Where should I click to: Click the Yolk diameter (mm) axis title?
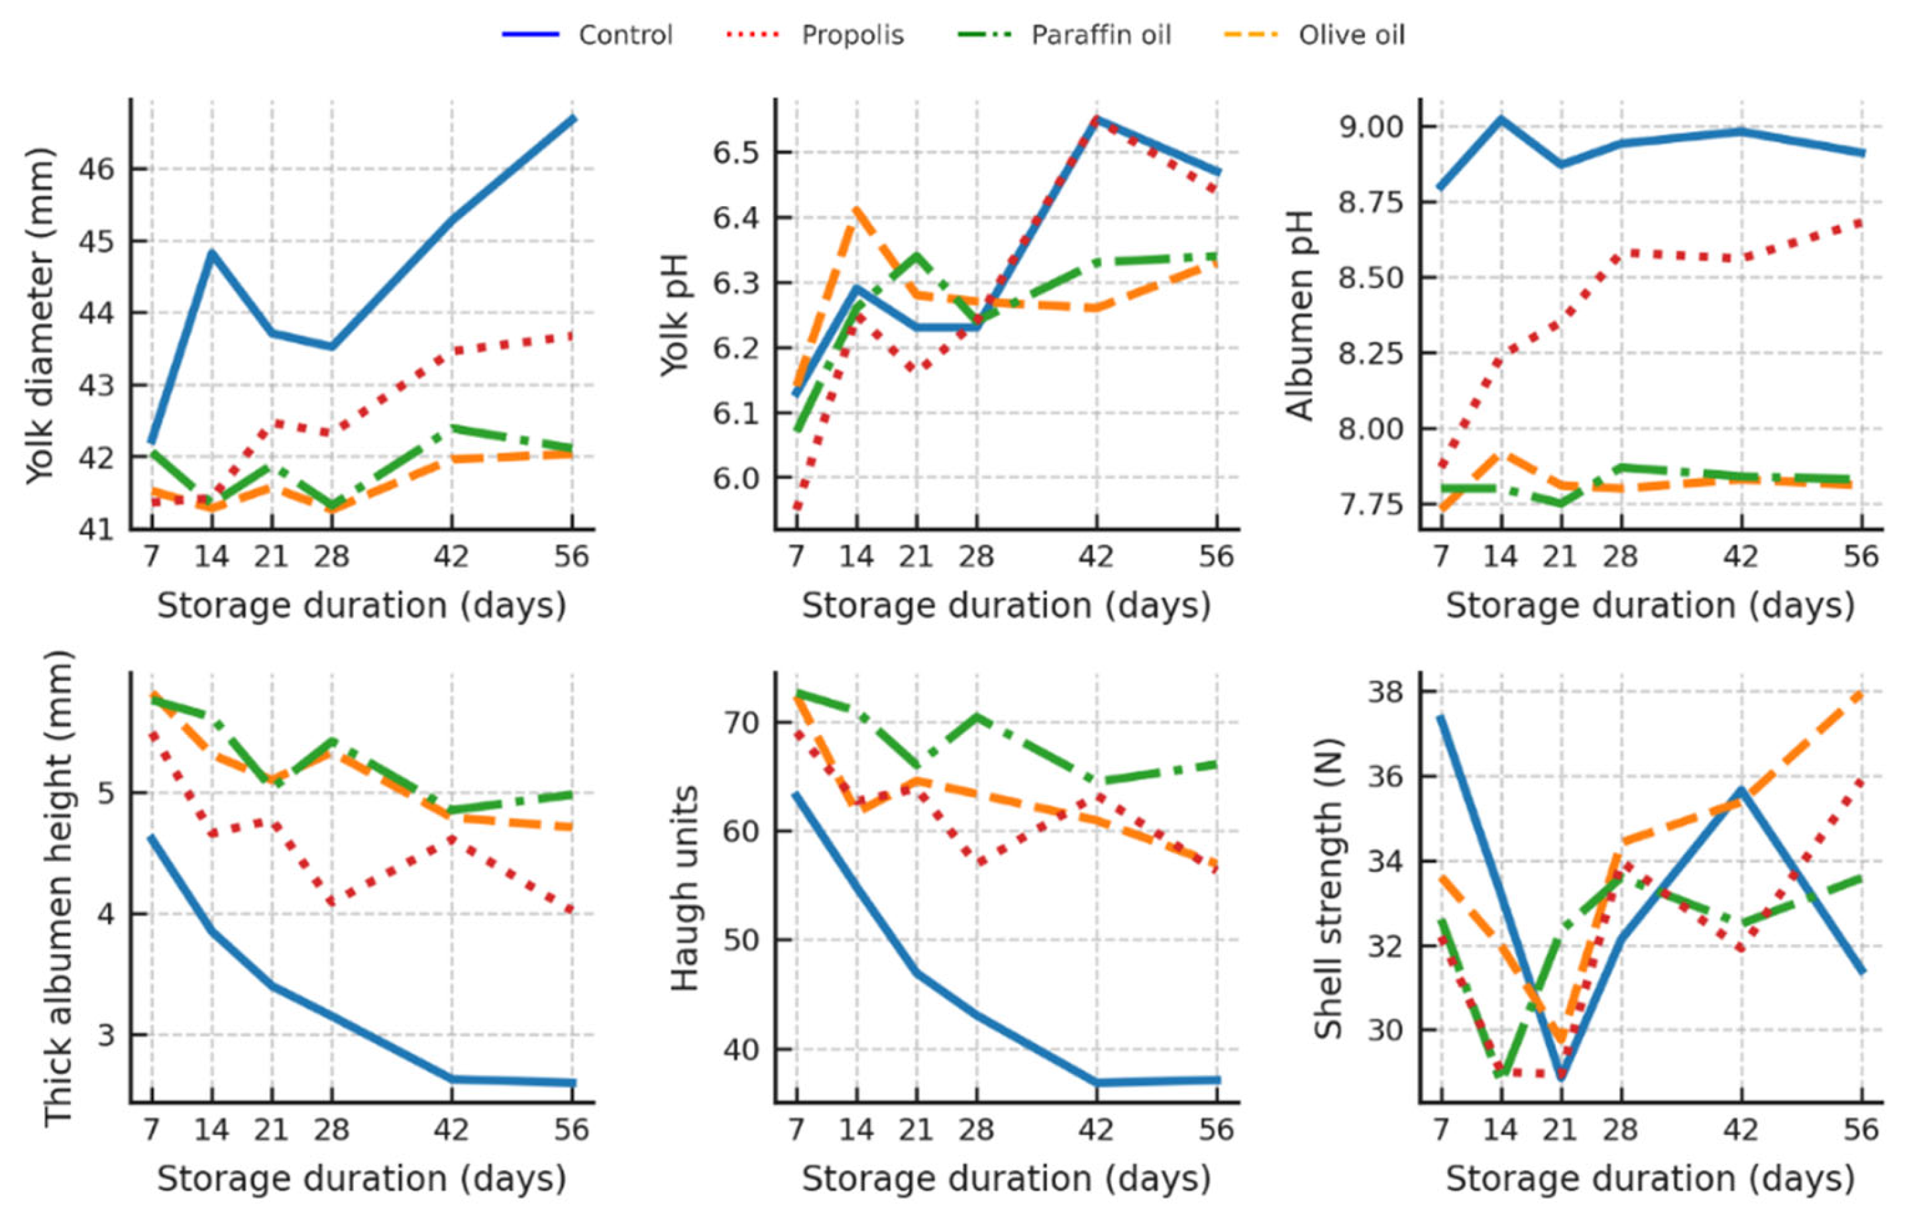pos(40,315)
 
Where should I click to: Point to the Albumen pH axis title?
pos(1299,315)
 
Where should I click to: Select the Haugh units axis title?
pos(684,888)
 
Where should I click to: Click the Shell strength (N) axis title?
pos(1328,888)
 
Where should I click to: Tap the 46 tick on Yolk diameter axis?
pos(95,169)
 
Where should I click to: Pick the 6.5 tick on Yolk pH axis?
pos(737,152)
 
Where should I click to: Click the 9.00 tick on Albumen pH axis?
pos(1372,127)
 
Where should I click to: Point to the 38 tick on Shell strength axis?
pos(1384,692)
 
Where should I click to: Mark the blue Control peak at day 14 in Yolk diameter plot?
pos(212,252)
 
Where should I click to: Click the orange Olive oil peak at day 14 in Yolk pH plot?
pos(856,208)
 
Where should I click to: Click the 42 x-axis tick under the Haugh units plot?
pos(1096,1130)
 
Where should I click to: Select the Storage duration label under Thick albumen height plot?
pos(361,1179)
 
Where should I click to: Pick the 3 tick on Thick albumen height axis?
pos(105,1035)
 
